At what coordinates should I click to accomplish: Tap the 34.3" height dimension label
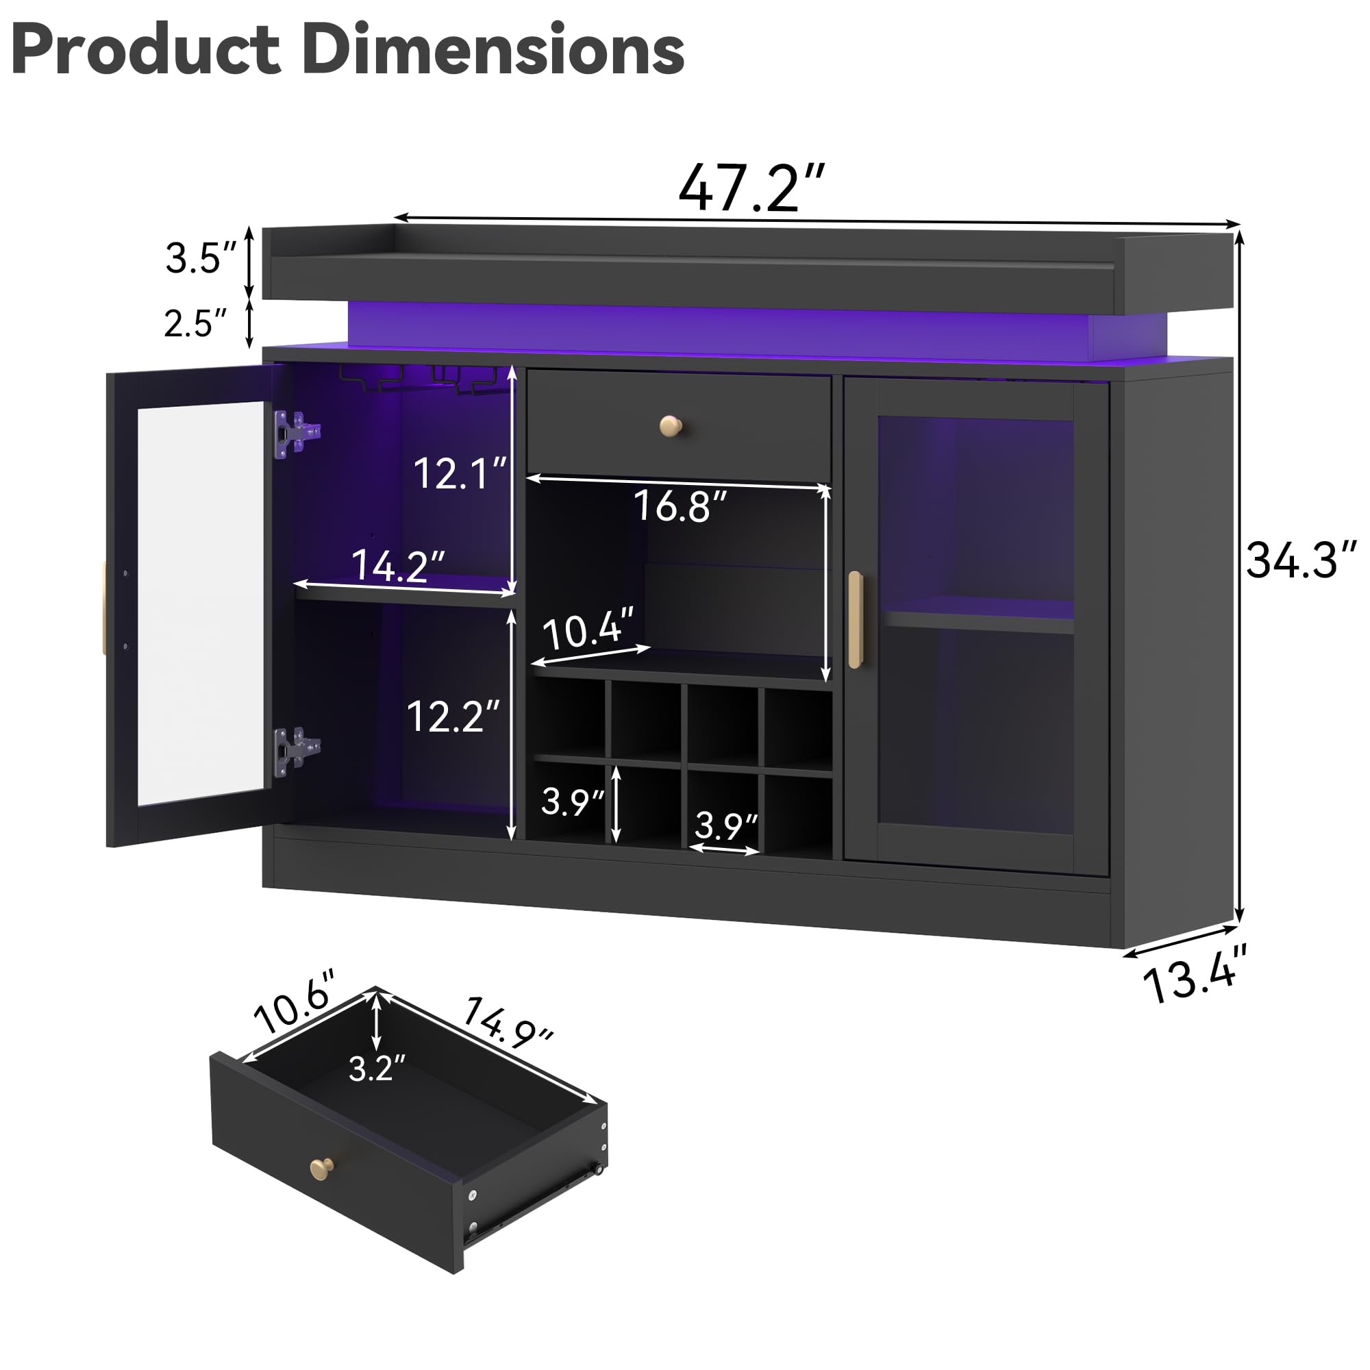pos(1301,560)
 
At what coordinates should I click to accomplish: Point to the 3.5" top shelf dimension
pos(201,258)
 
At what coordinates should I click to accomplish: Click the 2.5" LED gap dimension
pos(195,323)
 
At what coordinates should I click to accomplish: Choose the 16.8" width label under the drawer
pos(680,506)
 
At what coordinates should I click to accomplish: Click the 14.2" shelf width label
pos(398,565)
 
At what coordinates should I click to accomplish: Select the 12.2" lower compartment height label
pos(452,717)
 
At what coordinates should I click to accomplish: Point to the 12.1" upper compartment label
pos(460,473)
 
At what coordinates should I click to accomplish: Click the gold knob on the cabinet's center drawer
pos(670,425)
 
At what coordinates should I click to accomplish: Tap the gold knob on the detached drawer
pos(321,1168)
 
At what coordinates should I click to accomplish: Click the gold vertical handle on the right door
pos(856,620)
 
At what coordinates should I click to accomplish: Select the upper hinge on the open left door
pos(297,432)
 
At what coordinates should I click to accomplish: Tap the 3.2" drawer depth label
pos(377,1068)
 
